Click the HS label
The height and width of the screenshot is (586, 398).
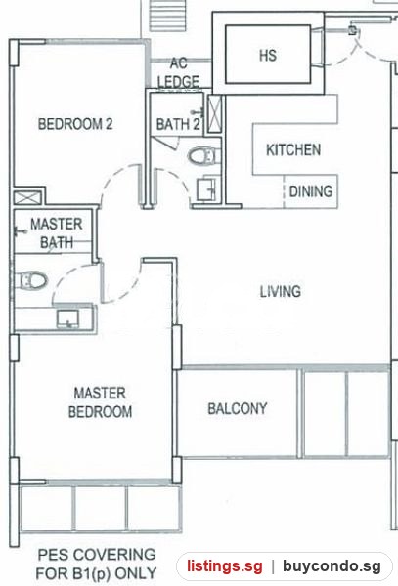pos(268,56)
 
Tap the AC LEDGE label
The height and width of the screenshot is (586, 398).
pos(178,72)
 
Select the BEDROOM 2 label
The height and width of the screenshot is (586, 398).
pos(75,124)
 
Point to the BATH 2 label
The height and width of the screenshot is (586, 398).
pos(178,124)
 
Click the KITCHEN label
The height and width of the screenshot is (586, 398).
pos(293,149)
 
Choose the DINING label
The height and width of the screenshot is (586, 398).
pos(311,191)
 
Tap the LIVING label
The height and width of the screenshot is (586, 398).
pos(281,291)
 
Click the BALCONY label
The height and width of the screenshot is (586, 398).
pos(238,408)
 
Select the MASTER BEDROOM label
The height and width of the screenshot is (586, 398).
pos(100,402)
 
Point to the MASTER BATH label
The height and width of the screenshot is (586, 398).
pos(57,233)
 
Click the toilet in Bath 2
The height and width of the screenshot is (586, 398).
pos(202,155)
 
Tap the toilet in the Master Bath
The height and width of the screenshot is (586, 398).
pos(32,280)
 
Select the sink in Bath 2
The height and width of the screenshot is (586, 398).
pos(206,188)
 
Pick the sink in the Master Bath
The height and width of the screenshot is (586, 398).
pos(67,319)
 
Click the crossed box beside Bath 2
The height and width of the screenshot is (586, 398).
pos(214,114)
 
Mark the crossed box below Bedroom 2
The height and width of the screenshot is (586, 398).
pos(27,197)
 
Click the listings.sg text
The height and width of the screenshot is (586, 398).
pos(225,566)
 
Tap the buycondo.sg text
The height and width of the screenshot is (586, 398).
pos(332,566)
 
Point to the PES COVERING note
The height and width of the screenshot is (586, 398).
pos(97,564)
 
